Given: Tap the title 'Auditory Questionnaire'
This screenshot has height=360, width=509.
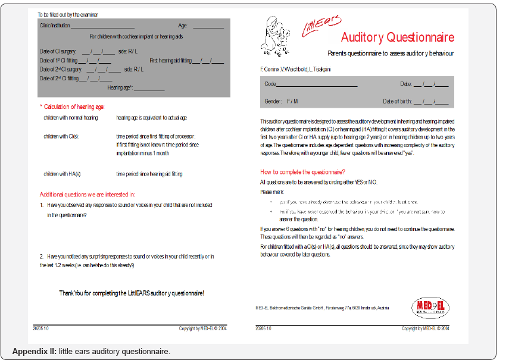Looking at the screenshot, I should (397, 37).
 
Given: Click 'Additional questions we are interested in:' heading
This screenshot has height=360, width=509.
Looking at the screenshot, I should (87, 194).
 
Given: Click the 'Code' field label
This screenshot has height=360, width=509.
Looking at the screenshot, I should (270, 84).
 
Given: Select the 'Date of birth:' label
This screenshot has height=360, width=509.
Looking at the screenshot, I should (397, 102).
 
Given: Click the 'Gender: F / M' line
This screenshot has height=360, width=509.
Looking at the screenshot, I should (281, 102).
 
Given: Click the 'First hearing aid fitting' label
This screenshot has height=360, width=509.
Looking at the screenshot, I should (170, 60).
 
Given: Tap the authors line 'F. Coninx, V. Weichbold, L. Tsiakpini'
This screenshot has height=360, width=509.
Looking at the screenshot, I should (296, 70).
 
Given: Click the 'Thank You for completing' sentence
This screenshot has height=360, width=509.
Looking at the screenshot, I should (132, 293).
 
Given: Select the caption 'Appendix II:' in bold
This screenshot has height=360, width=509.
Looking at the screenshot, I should (34, 351).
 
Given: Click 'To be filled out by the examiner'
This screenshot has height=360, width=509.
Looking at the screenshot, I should (68, 14).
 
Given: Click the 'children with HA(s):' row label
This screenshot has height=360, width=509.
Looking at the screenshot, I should (63, 174).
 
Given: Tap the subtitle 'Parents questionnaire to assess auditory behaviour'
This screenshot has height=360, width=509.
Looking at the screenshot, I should (391, 54).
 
